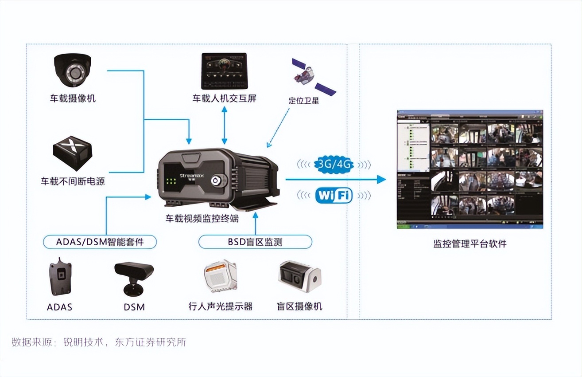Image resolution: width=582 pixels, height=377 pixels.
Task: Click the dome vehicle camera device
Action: [73, 71]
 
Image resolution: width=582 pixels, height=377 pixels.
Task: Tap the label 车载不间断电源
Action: [73, 181]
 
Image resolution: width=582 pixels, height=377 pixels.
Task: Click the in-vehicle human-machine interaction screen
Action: [224, 71]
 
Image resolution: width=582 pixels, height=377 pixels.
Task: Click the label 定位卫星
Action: [303, 100]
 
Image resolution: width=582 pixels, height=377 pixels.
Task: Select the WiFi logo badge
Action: [334, 195]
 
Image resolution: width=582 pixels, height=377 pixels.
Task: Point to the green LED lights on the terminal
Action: [171, 181]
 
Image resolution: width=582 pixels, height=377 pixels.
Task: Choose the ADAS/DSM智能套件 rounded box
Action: [100, 242]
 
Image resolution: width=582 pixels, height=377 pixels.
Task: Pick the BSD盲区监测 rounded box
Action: [255, 242]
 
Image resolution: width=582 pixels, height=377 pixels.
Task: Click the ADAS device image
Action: [60, 276]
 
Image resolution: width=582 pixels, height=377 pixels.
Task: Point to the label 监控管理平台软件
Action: [470, 243]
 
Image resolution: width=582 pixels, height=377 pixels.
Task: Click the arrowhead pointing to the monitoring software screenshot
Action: [381, 179]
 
